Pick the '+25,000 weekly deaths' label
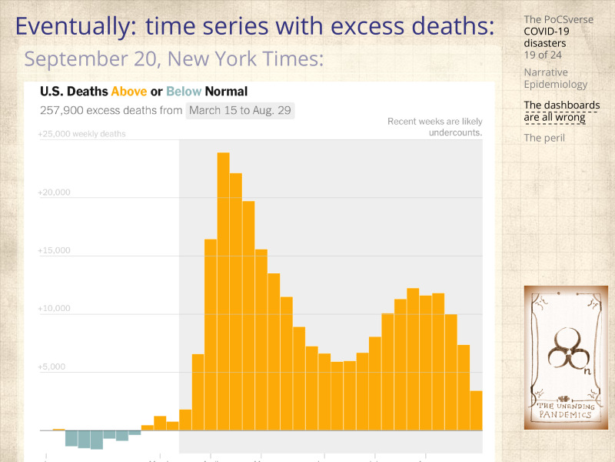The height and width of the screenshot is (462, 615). (x=81, y=134)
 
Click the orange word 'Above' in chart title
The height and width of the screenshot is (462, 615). (x=129, y=92)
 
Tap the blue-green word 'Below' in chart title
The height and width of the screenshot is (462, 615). (x=183, y=92)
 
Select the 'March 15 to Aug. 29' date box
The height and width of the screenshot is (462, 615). (x=240, y=110)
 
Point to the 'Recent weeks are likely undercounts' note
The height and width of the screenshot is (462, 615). (x=435, y=127)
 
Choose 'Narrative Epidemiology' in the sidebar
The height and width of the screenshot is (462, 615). (x=555, y=78)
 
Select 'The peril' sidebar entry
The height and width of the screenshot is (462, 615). (x=544, y=138)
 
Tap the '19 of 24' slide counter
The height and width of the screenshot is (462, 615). (x=542, y=55)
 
